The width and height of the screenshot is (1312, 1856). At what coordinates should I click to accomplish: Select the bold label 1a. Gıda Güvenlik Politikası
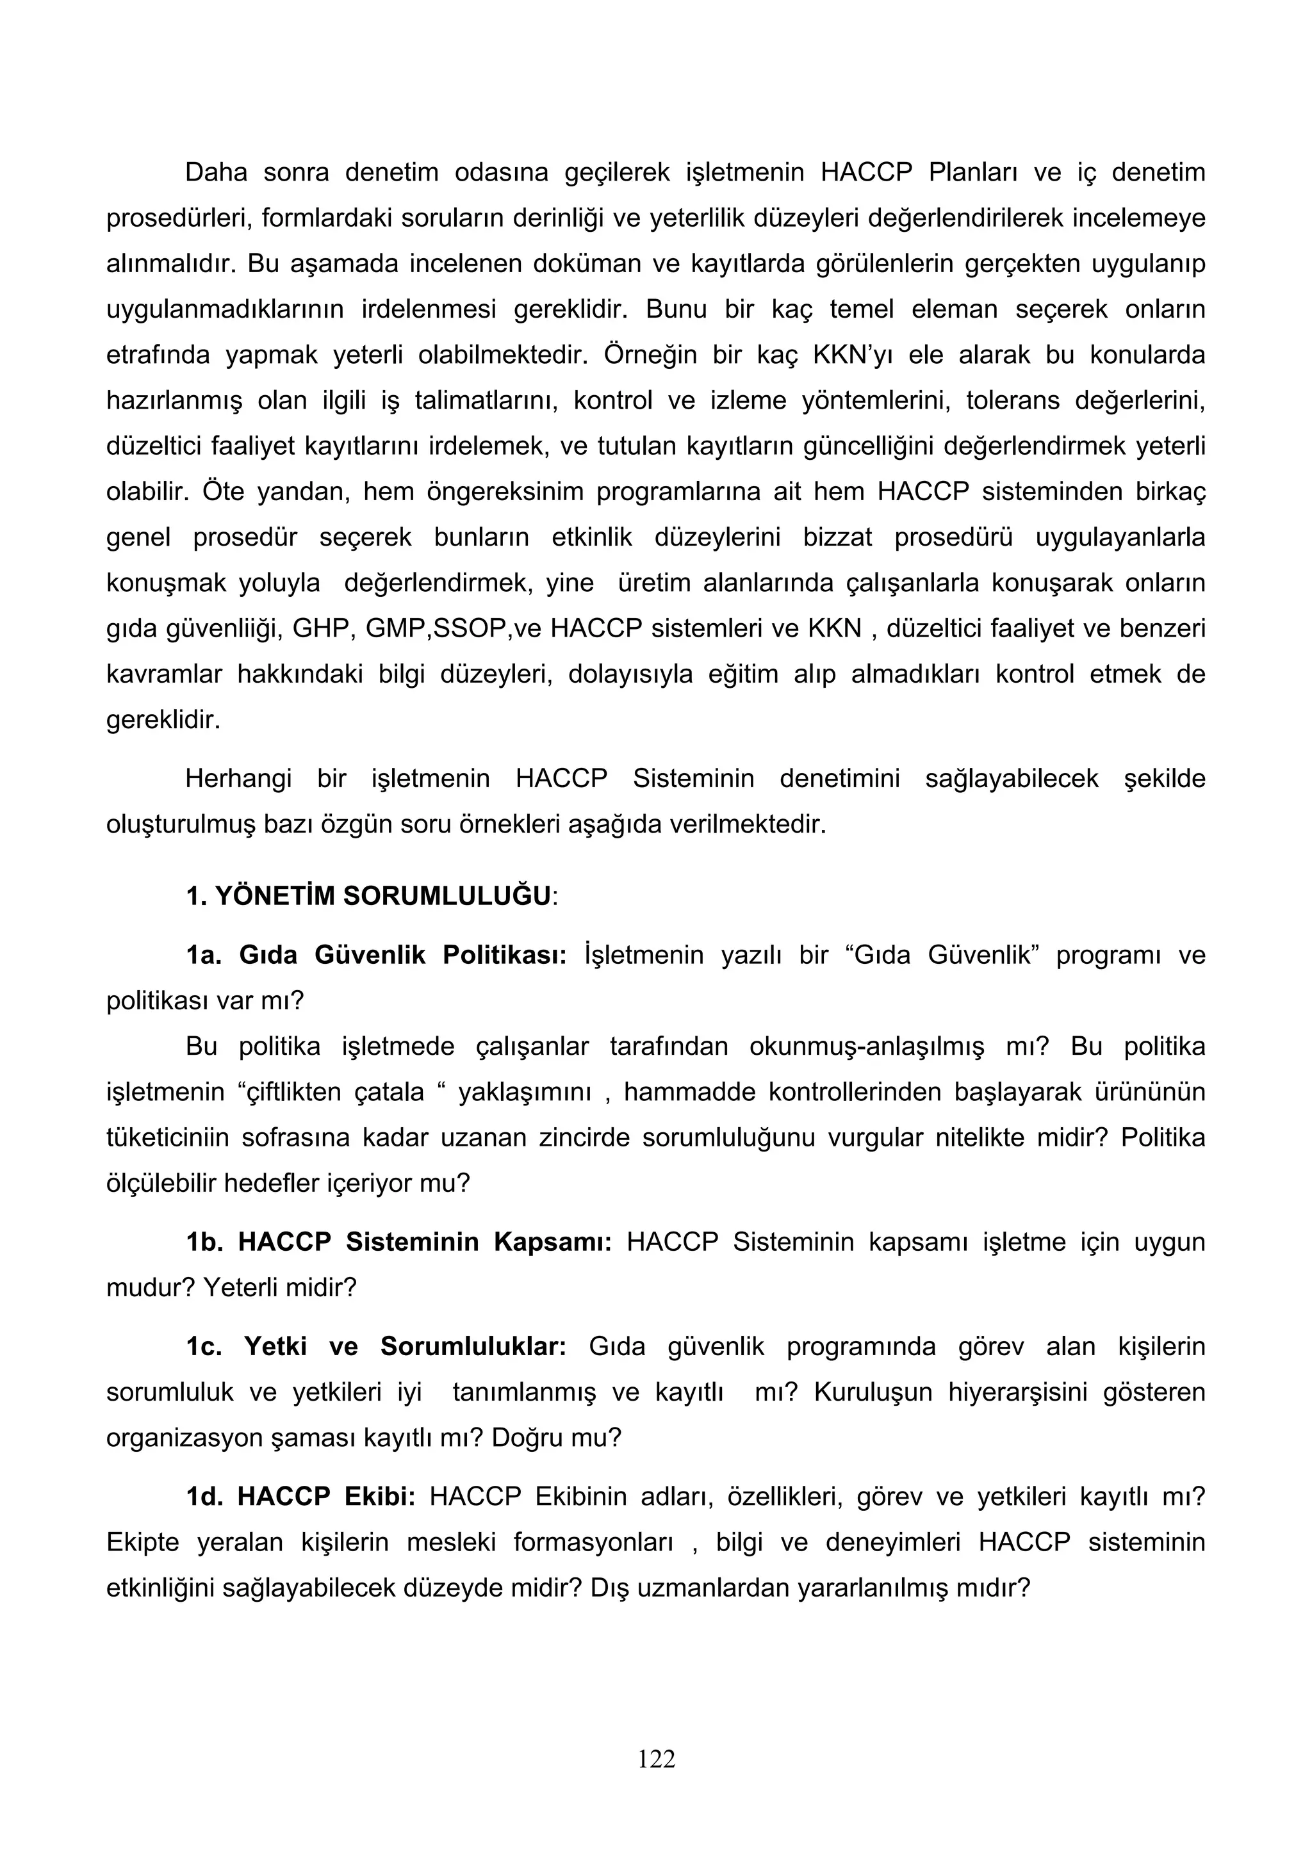[376, 955]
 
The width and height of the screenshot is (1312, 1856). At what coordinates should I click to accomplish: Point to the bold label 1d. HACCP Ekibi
[300, 1496]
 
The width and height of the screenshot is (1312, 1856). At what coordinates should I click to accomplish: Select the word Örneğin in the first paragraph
[650, 355]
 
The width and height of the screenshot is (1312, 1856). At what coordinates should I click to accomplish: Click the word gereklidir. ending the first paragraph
[163, 719]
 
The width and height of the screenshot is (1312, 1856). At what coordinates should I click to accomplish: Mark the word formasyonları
[593, 1542]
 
